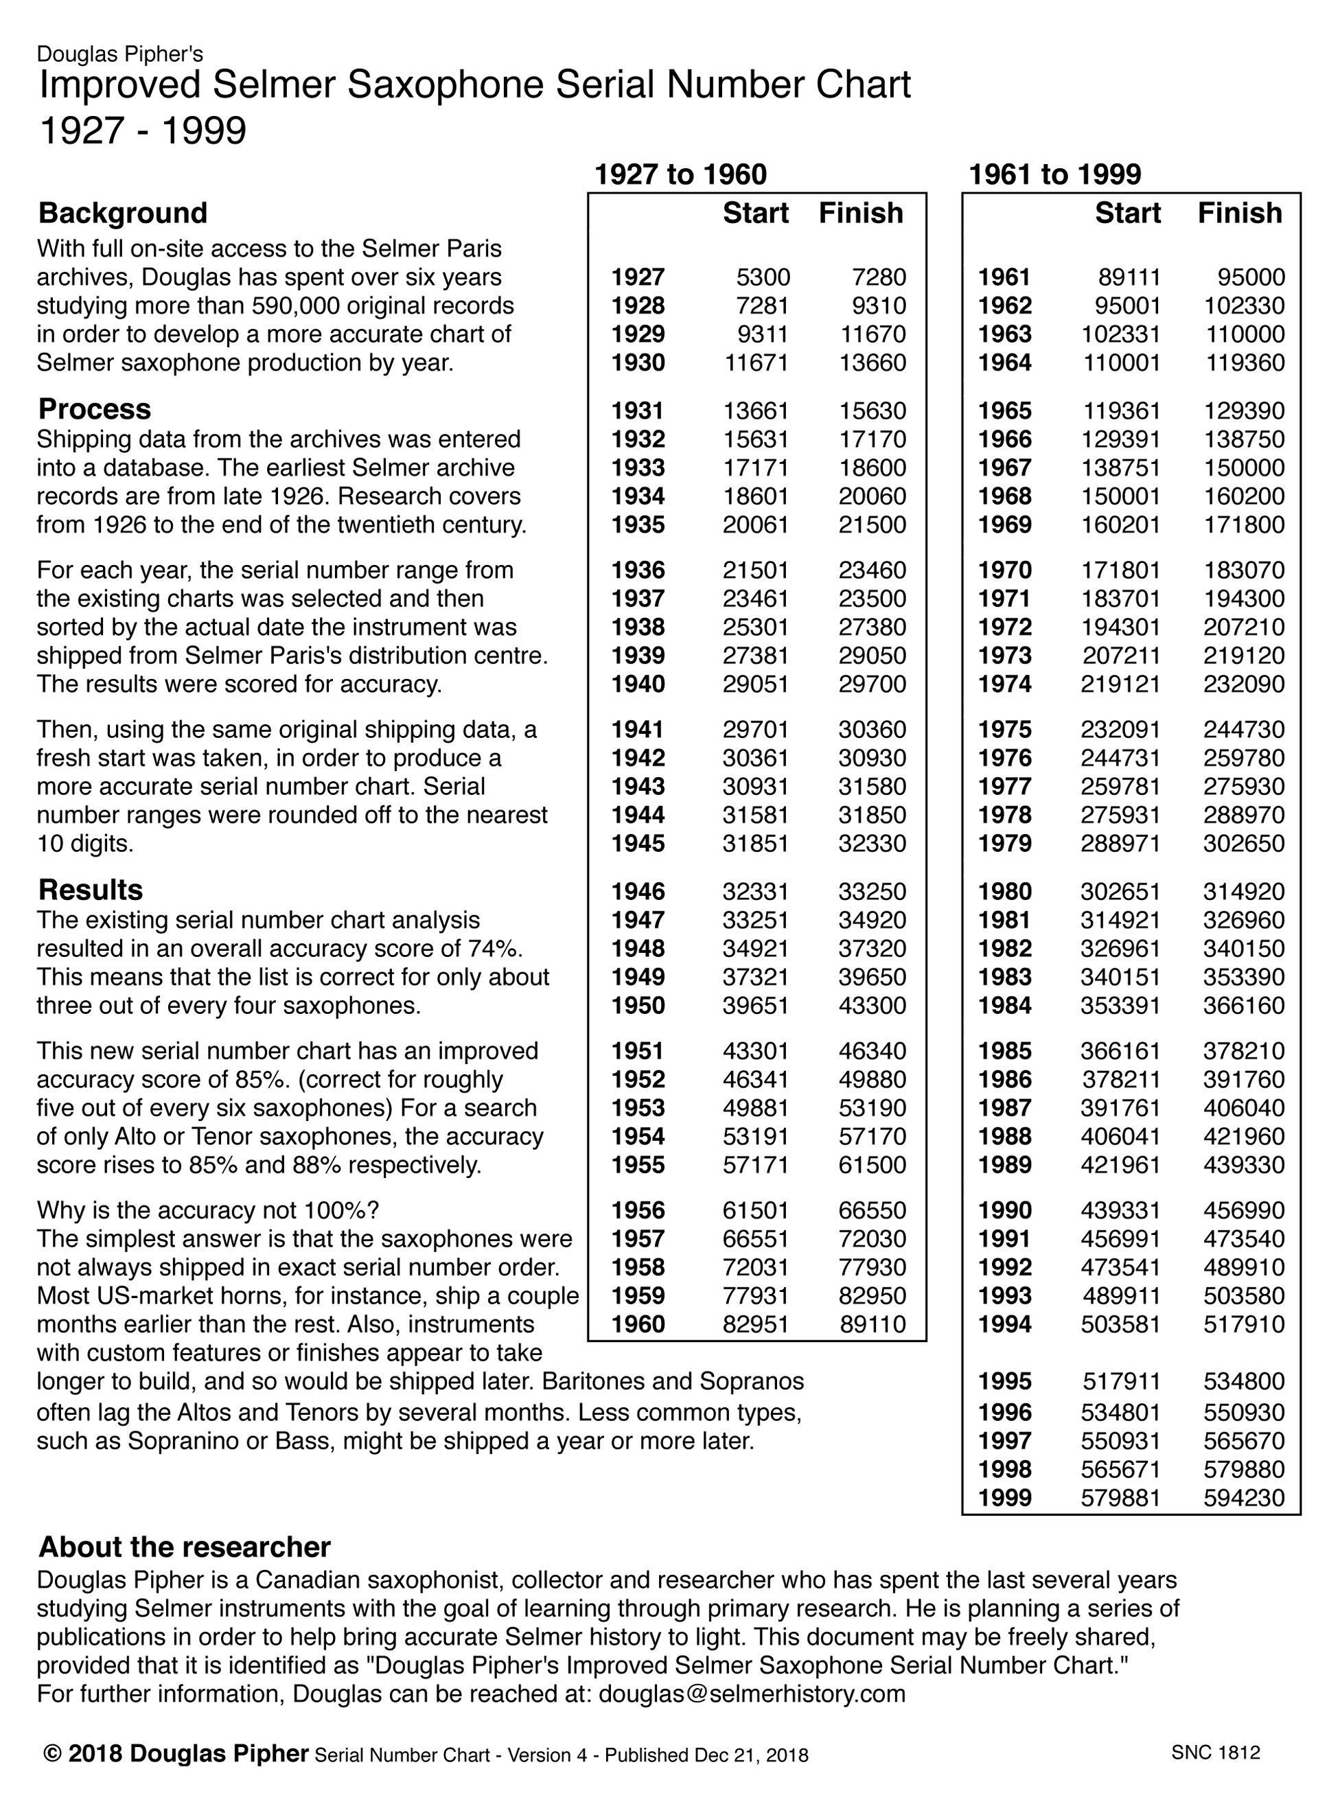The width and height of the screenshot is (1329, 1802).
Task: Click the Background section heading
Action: tap(122, 213)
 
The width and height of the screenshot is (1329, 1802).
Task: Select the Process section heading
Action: tap(94, 409)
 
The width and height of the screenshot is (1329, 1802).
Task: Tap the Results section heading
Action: tap(90, 890)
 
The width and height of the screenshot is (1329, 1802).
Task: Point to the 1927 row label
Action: tap(638, 277)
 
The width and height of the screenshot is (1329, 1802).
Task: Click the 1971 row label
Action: tap(1005, 599)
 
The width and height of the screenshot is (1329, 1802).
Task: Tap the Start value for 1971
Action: tap(1120, 599)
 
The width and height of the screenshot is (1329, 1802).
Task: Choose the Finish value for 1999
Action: tap(1244, 1498)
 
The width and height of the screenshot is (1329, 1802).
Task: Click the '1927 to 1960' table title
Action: tap(680, 174)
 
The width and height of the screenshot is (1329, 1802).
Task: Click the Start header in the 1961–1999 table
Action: tap(1127, 213)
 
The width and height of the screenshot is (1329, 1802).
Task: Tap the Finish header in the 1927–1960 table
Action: tap(861, 213)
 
